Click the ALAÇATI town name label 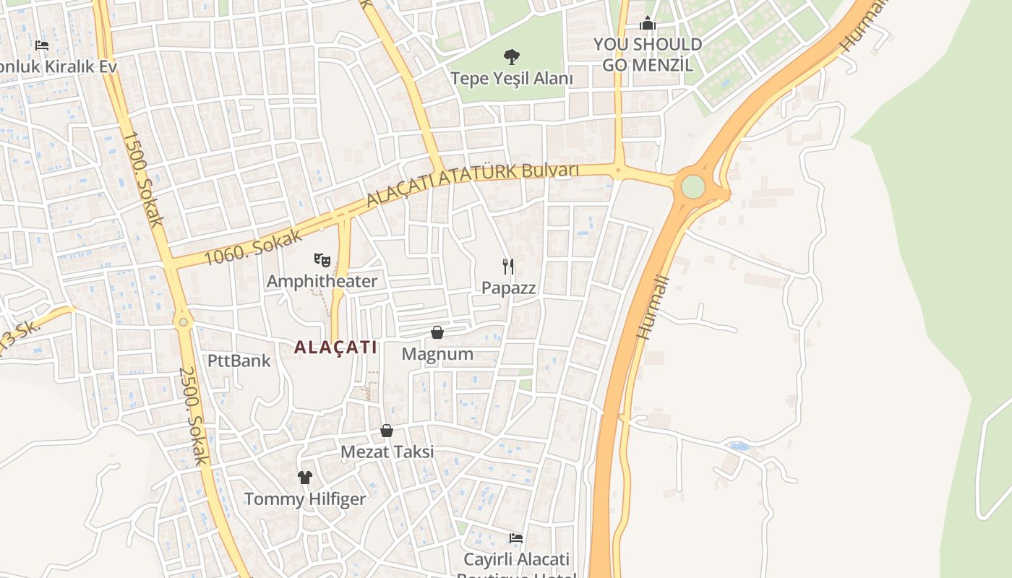click(335, 348)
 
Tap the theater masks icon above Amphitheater click(322, 259)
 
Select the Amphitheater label click(322, 281)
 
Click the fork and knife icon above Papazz click(509, 267)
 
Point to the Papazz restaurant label click(509, 288)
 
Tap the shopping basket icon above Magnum click(437, 332)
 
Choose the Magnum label click(437, 354)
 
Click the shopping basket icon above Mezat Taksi click(387, 431)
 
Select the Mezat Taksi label click(387, 452)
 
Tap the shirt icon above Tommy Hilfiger click(305, 477)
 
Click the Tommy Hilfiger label click(305, 499)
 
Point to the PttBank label click(239, 361)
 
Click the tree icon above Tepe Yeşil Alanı click(512, 56)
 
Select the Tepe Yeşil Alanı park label click(512, 78)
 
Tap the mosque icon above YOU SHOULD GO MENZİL click(648, 24)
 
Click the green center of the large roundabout click(692, 186)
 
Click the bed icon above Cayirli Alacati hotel click(516, 538)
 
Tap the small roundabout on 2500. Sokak click(184, 322)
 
